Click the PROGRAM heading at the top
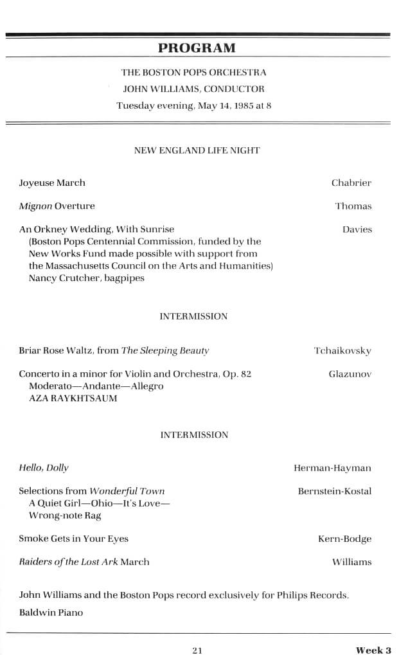tap(197, 48)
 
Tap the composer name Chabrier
tap(351, 183)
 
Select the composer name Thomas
tap(353, 206)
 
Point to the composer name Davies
tap(357, 229)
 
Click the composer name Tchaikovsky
tap(342, 351)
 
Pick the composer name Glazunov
tap(350, 374)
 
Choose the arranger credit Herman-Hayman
tap(332, 468)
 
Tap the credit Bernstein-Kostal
tap(335, 492)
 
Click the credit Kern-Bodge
tap(345, 539)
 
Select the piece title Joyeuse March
tap(52, 183)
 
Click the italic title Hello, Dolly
tap(44, 468)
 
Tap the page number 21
tap(197, 650)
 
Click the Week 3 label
tap(374, 650)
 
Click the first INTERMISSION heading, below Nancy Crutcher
tap(193, 316)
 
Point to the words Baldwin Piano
tap(51, 613)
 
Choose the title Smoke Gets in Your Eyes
tap(73, 539)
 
